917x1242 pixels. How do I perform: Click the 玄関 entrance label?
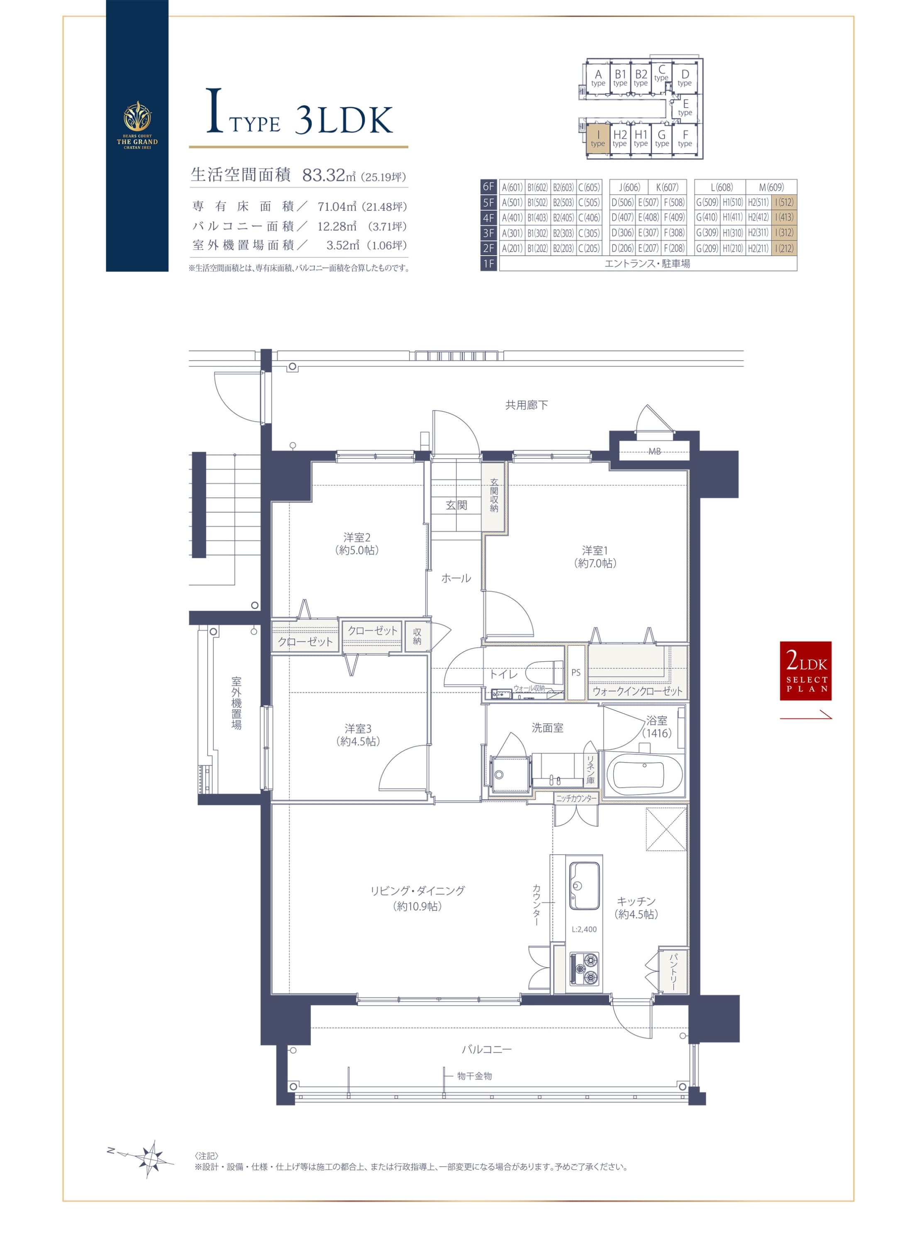[x=456, y=505]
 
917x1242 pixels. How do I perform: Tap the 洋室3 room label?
[x=358, y=735]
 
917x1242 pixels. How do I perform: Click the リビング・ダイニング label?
[x=417, y=898]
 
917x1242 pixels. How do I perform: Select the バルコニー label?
[x=487, y=1049]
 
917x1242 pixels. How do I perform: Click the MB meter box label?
[x=654, y=451]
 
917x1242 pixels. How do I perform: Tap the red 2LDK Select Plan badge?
[x=805, y=671]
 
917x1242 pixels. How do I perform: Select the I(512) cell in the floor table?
[x=784, y=203]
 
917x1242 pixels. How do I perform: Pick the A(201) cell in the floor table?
[x=512, y=248]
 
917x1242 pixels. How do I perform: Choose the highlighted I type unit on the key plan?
[x=598, y=138]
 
